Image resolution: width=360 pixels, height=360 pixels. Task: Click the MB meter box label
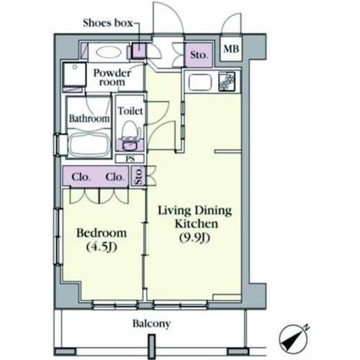(x=231, y=48)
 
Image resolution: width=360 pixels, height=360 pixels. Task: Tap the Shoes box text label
(x=108, y=23)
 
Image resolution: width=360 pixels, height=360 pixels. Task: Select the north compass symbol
(x=294, y=338)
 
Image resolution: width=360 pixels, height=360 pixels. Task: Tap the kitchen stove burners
(x=227, y=82)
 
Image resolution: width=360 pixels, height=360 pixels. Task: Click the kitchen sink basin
(x=200, y=82)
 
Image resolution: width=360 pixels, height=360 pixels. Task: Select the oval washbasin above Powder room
(x=109, y=52)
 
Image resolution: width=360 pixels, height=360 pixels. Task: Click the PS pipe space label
(x=130, y=159)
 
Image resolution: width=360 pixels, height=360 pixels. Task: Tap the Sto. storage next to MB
(x=199, y=55)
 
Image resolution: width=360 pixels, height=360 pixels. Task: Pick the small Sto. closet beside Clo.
(x=138, y=176)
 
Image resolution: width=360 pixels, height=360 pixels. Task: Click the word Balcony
(x=152, y=323)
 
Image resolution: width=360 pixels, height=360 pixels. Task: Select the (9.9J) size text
(x=195, y=238)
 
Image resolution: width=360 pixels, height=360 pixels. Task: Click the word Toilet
(x=130, y=111)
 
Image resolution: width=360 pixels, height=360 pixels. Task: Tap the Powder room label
(x=112, y=78)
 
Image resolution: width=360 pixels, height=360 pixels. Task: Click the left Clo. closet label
(x=81, y=177)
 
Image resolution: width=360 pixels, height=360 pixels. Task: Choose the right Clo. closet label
(x=115, y=177)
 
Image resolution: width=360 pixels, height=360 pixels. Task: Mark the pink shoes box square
(x=138, y=51)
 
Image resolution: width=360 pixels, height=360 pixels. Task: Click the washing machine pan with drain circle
(x=75, y=74)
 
